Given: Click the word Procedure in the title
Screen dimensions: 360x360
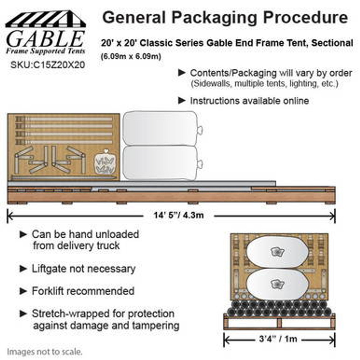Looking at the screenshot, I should pyautogui.click(x=305, y=18).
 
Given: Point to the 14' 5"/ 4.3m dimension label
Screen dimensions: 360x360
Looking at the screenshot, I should pyautogui.click(x=179, y=215).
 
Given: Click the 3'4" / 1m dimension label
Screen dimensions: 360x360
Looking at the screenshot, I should pyautogui.click(x=278, y=339).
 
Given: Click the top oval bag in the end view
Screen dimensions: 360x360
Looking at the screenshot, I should pyautogui.click(x=277, y=252).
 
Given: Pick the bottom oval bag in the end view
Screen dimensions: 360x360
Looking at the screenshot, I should pyautogui.click(x=277, y=284).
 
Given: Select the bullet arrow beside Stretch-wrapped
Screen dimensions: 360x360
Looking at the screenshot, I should pyautogui.click(x=23, y=313).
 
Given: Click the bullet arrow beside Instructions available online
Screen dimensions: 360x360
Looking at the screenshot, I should pyautogui.click(x=182, y=100).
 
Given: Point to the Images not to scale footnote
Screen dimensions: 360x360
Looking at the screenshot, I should pyautogui.click(x=45, y=352).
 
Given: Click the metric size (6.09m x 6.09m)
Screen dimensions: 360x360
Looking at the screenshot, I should pyautogui.click(x=131, y=57).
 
